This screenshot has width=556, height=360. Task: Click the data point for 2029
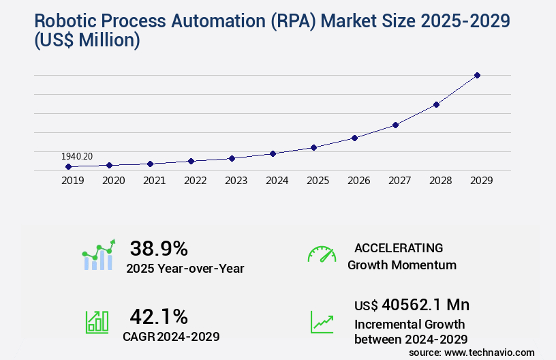tap(477, 75)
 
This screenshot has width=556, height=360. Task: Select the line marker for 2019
tap(68, 166)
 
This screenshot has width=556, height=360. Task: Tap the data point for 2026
tap(354, 138)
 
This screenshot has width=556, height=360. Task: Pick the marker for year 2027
tap(395, 125)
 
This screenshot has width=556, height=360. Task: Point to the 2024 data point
tap(273, 153)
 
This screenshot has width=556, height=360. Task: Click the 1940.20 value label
tap(77, 156)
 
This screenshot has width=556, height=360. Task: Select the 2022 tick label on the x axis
tap(195, 181)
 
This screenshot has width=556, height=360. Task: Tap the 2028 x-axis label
tap(440, 181)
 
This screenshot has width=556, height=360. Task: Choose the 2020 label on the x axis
tap(113, 181)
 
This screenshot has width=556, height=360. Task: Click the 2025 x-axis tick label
tap(318, 181)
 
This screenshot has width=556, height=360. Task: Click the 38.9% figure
tap(159, 249)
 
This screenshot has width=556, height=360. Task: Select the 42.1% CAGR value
tap(159, 316)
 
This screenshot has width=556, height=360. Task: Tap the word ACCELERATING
tap(399, 247)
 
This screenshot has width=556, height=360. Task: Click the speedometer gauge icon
tap(322, 254)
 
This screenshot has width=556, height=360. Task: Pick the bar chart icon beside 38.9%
tap(99, 256)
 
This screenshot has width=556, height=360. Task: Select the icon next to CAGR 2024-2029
tap(97, 322)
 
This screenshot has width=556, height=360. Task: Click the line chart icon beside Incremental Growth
tap(322, 322)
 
